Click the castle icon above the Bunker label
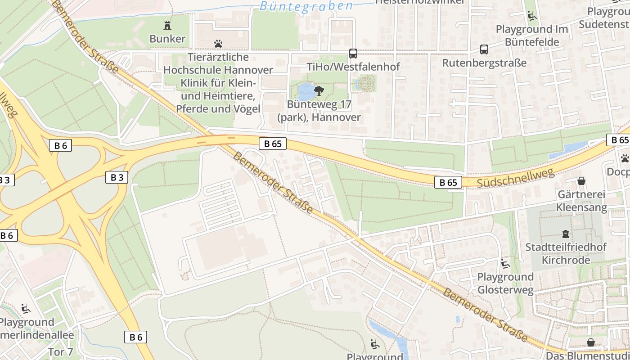[167, 25]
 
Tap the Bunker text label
[167, 39]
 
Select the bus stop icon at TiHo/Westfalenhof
[353, 54]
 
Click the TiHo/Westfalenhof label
[353, 67]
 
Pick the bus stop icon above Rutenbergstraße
[484, 49]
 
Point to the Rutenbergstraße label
[484, 63]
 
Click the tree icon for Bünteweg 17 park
[319, 91]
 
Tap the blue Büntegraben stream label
[306, 6]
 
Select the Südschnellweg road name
[516, 178]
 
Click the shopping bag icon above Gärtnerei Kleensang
[581, 181]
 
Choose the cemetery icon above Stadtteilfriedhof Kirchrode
[566, 234]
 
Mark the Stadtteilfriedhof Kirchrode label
[566, 253]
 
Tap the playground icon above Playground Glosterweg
[505, 264]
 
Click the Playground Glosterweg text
[505, 283]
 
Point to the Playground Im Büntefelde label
[531, 36]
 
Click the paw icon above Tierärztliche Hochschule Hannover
[218, 44]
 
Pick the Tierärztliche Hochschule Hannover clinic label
[218, 83]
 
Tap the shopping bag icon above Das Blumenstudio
[591, 343]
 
